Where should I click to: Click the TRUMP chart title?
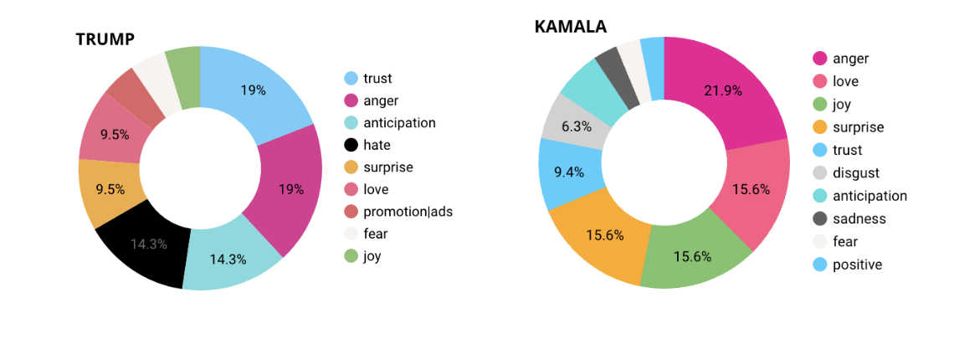105,39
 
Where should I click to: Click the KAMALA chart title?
570,27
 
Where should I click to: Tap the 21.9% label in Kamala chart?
722,90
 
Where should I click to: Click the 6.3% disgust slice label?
577,126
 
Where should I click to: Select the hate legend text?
377,145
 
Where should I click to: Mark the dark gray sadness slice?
608,69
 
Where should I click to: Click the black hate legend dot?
351,145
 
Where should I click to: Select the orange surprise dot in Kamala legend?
820,127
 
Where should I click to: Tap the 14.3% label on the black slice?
148,244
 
